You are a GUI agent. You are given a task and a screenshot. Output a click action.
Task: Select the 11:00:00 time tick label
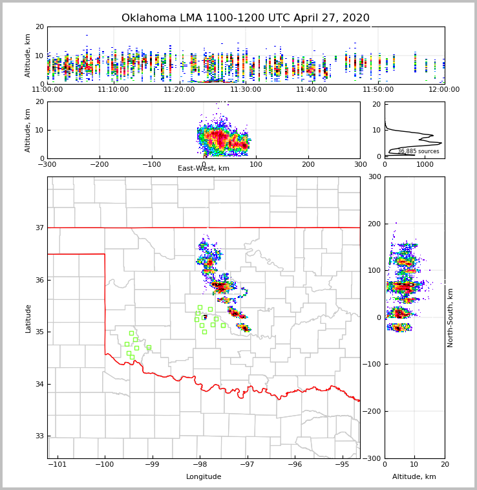47,89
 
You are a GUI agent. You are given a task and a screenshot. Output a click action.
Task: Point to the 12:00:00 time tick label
444,89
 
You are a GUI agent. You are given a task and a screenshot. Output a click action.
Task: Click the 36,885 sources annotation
418,151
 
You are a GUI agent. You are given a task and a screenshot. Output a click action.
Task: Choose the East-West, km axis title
204,169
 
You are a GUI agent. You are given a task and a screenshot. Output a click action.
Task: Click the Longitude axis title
204,477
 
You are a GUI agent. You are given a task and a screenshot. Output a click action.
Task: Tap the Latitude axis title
28,318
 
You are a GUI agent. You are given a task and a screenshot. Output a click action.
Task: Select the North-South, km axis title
450,317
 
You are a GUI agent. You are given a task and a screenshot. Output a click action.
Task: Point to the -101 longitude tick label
57,464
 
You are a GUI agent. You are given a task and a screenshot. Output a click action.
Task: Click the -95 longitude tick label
342,464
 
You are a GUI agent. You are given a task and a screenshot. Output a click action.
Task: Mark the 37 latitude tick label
39,228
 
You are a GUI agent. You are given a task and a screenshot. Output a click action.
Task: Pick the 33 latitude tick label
39,436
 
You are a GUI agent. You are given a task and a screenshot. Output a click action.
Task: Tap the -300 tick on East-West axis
47,164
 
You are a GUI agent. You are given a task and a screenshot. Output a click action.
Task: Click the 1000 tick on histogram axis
425,164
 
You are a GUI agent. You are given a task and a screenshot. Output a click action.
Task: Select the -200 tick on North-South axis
373,411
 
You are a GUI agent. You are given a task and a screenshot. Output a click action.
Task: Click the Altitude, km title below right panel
414,477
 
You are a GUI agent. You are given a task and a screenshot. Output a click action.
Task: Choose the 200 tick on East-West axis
308,164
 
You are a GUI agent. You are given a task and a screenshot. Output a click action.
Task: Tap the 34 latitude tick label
39,384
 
